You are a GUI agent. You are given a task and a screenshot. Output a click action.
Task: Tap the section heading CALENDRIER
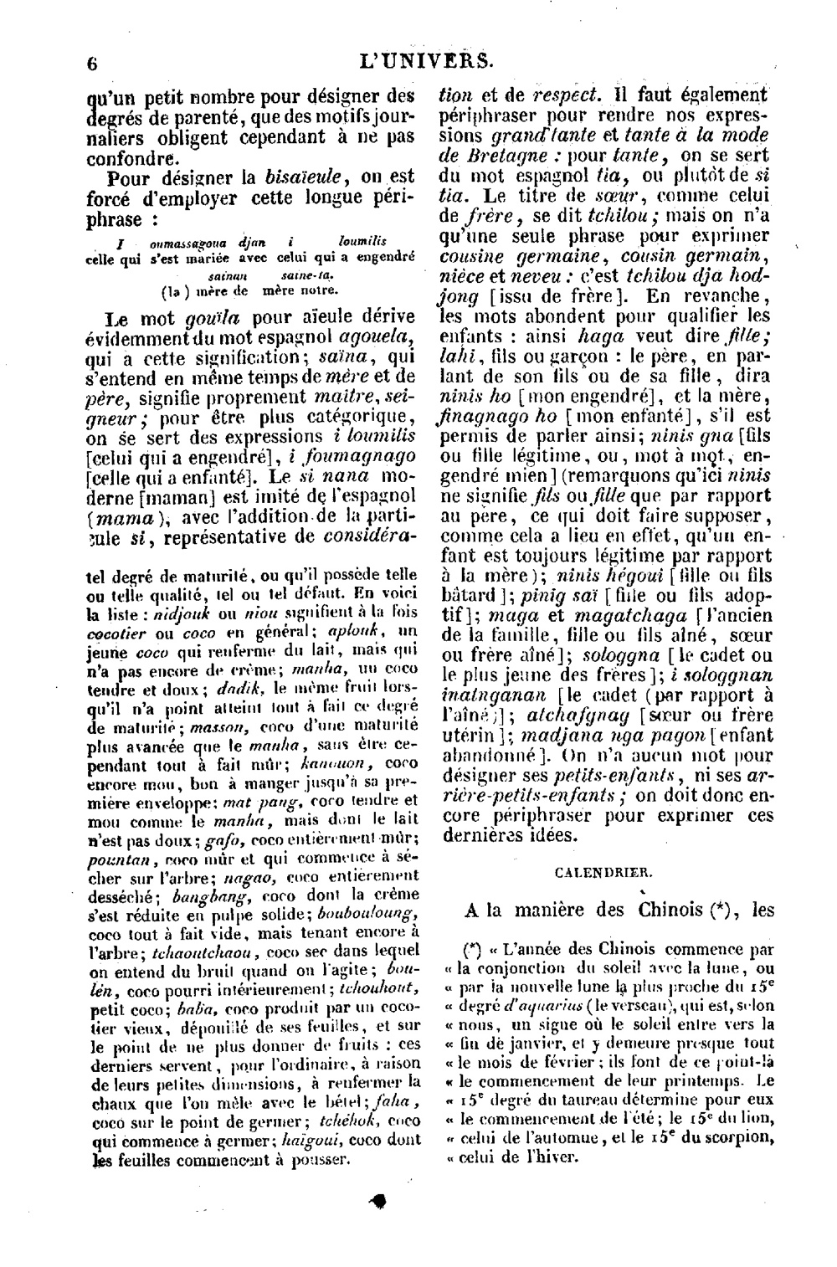tap(604, 872)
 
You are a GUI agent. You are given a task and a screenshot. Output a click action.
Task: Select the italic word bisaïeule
tap(299, 177)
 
